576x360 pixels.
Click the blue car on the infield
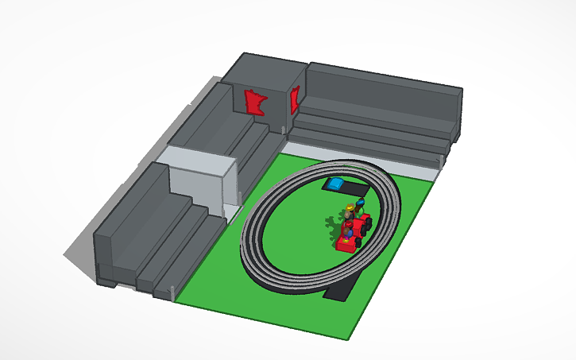click(x=335, y=184)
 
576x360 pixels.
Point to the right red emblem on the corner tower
click(x=296, y=99)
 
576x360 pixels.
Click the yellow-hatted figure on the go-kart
click(x=349, y=213)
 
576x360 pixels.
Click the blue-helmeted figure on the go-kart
click(x=361, y=206)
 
